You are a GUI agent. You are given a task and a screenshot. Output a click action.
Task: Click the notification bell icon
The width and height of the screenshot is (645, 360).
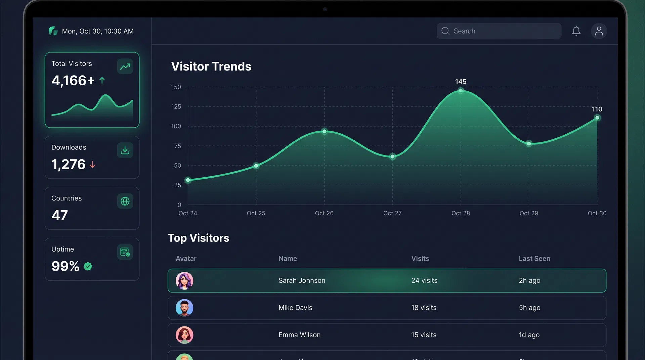point(576,31)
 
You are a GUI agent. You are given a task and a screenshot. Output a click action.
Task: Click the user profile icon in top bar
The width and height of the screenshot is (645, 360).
point(599,31)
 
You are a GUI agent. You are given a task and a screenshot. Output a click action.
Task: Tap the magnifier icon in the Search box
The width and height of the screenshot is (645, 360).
point(445,31)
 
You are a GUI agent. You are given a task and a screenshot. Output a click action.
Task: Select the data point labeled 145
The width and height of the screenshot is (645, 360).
point(461,90)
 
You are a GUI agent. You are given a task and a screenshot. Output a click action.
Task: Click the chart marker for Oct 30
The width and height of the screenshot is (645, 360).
point(597,118)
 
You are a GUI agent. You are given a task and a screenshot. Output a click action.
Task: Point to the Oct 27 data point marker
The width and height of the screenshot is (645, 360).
point(392,156)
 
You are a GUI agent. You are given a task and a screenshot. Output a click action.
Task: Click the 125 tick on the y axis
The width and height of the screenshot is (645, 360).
point(176,106)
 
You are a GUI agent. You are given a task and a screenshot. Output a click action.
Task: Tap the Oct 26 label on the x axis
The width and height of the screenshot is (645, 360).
point(324,213)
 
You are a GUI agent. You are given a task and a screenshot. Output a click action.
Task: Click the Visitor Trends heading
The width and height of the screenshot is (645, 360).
point(211,66)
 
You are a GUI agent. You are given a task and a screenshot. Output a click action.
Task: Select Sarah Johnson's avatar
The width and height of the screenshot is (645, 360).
point(184,281)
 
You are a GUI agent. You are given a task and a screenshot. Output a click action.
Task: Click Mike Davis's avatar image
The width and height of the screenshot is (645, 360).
point(184,308)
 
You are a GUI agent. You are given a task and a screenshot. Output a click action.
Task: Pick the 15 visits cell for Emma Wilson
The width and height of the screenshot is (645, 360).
point(424,335)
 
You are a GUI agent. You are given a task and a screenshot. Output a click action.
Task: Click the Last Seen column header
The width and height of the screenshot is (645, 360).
point(534,259)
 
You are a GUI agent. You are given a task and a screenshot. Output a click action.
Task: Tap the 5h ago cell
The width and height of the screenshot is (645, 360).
point(529,308)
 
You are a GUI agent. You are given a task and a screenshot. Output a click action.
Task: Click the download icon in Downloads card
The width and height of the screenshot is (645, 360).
point(125,150)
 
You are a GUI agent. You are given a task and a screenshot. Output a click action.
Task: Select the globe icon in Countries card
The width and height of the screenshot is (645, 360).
point(125,201)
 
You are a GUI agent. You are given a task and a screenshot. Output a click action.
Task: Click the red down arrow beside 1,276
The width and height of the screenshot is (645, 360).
point(92,165)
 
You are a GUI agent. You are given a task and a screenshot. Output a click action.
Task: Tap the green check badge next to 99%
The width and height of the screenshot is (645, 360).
point(88,266)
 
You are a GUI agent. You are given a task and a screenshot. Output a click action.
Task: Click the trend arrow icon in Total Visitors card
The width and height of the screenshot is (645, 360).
point(125,66)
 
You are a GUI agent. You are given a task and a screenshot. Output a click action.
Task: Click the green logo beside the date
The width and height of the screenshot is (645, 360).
point(53,31)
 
